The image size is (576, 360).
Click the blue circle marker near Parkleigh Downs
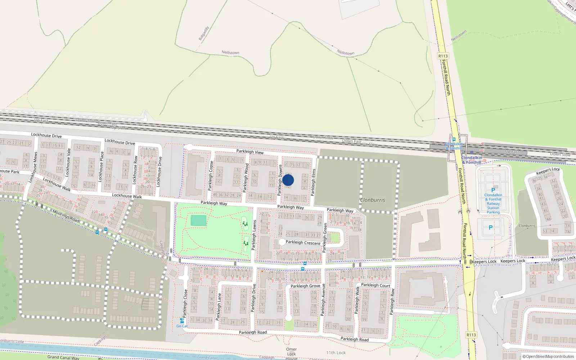pos(288,180)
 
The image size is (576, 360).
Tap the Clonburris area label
pos(373,200)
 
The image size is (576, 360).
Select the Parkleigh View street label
pos(250,152)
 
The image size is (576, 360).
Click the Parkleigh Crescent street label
pos(303,243)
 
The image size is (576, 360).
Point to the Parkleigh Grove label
pos(305,286)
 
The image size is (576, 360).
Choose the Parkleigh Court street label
pos(375,285)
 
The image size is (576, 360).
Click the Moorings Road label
pos(66,216)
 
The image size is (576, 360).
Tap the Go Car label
pos(182,326)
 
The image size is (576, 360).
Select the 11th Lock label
pos(336,353)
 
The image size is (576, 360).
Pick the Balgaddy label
pos(204,33)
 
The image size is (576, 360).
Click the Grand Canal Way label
pos(63,357)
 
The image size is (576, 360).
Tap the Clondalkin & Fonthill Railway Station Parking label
pos(493,204)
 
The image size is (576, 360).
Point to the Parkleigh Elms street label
pos(314,182)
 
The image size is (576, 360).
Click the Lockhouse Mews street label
pos(33,167)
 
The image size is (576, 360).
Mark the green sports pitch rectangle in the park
pos(199,220)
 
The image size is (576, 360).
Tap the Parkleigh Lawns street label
pos(254,235)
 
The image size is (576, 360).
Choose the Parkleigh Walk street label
pos(357,300)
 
